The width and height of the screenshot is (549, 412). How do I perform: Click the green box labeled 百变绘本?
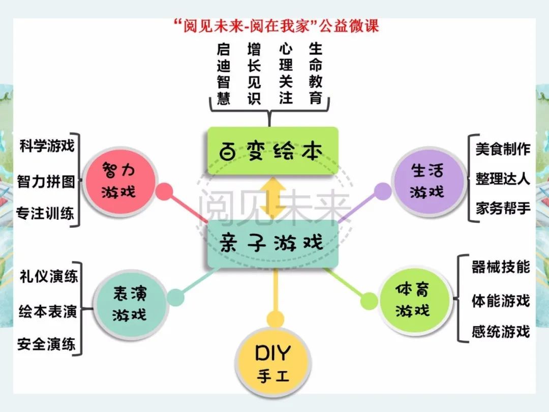coord(273,151)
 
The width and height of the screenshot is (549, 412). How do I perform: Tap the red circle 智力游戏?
coord(119,182)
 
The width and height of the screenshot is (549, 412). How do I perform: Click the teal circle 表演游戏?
coord(130,305)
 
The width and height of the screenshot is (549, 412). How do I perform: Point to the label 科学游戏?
coord(47,146)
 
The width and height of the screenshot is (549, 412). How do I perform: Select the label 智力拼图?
coord(46,182)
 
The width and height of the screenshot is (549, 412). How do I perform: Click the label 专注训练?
coord(46,213)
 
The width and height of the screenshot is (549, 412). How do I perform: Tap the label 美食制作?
coord(502,149)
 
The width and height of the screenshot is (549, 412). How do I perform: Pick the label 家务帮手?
coord(502,209)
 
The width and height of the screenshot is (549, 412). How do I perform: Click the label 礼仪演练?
coord(49,276)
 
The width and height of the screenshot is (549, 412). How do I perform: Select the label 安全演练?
coord(47,344)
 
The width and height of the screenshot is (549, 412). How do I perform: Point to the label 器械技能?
coord(501,267)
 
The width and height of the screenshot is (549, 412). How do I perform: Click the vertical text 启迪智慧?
coord(224,74)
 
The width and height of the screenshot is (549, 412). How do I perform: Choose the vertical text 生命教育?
coord(316,74)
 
